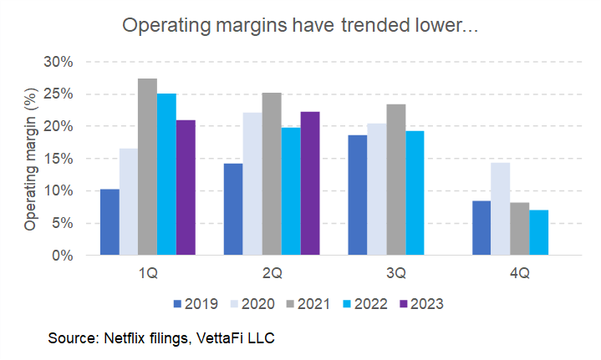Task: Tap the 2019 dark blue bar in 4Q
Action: [x=481, y=228]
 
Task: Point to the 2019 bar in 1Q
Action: [x=110, y=222]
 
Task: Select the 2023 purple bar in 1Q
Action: [x=186, y=188]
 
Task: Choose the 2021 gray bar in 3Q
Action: [x=396, y=180]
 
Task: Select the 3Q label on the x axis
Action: [x=395, y=273]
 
